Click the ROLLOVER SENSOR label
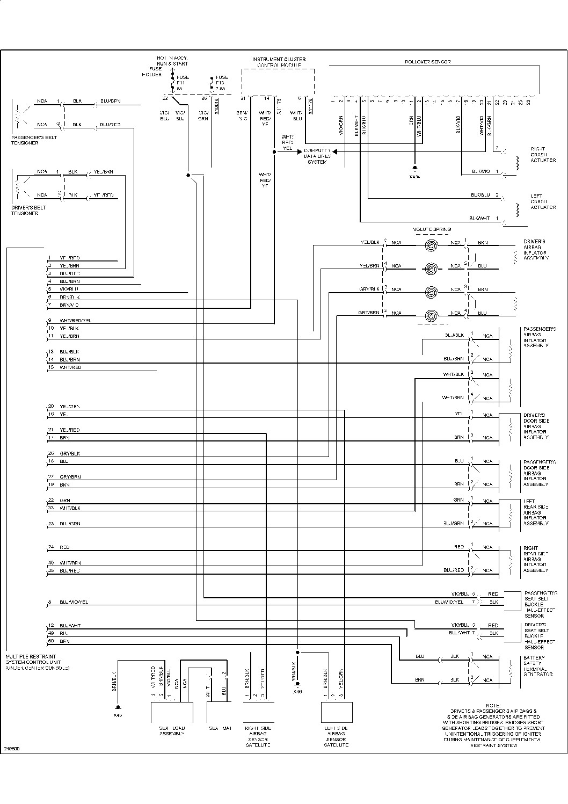[x=427, y=62]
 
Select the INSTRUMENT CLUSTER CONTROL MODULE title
[x=279, y=62]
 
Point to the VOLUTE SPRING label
[x=431, y=230]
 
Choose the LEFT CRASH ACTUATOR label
[x=543, y=202]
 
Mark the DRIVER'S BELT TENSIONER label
[x=28, y=211]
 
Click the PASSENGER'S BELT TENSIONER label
[x=34, y=140]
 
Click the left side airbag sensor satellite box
[x=336, y=712]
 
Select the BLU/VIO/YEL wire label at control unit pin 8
[x=74, y=602]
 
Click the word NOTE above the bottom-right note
[x=492, y=705]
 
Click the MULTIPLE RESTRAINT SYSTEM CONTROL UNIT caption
[x=38, y=662]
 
